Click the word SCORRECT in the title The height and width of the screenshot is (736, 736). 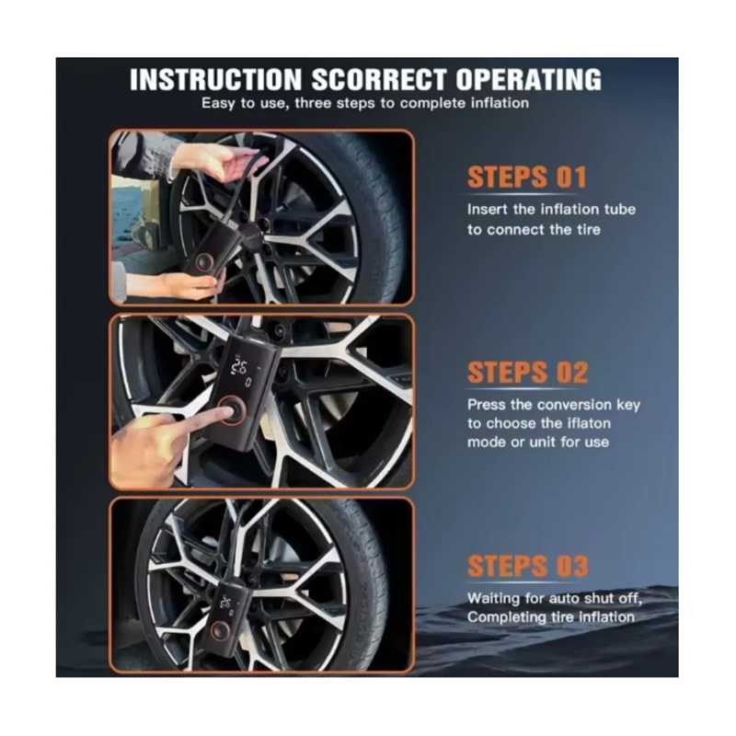(378, 79)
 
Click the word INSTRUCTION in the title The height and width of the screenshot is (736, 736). (215, 79)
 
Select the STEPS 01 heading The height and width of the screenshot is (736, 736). (527, 177)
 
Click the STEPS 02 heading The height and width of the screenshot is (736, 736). (527, 373)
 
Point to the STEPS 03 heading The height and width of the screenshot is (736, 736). (527, 566)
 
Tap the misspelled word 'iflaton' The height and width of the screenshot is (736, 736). (589, 423)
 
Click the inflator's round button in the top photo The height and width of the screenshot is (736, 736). (204, 260)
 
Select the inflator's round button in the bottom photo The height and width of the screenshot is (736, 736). (220, 630)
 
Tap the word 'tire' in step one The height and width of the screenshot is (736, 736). (589, 230)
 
